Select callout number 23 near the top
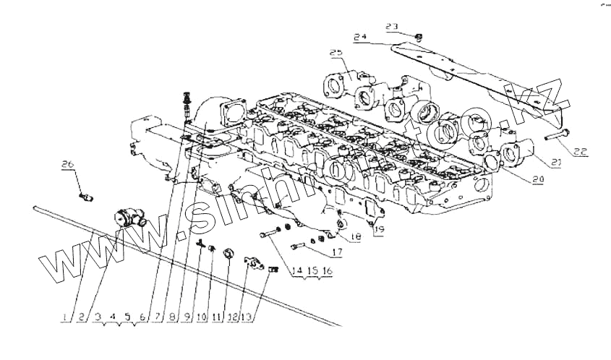[392, 27]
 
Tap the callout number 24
[361, 36]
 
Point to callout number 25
[336, 53]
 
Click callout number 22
[581, 152]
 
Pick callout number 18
[355, 237]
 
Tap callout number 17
[336, 253]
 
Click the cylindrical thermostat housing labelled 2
[130, 218]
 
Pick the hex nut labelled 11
[229, 254]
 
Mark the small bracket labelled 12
[253, 264]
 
